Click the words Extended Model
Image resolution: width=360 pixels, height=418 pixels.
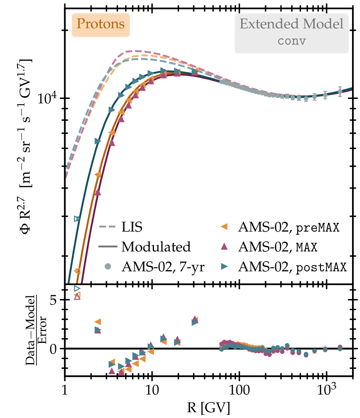291,25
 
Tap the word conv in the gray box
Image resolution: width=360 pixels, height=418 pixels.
291,40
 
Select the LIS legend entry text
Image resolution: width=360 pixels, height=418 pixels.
132,228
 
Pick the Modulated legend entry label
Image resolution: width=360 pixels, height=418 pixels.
156,247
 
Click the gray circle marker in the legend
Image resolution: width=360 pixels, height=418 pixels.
107,267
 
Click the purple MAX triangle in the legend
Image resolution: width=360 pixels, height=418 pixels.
224,247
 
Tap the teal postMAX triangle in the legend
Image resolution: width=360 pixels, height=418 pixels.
224,267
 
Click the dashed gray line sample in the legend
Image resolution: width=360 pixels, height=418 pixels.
107,228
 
